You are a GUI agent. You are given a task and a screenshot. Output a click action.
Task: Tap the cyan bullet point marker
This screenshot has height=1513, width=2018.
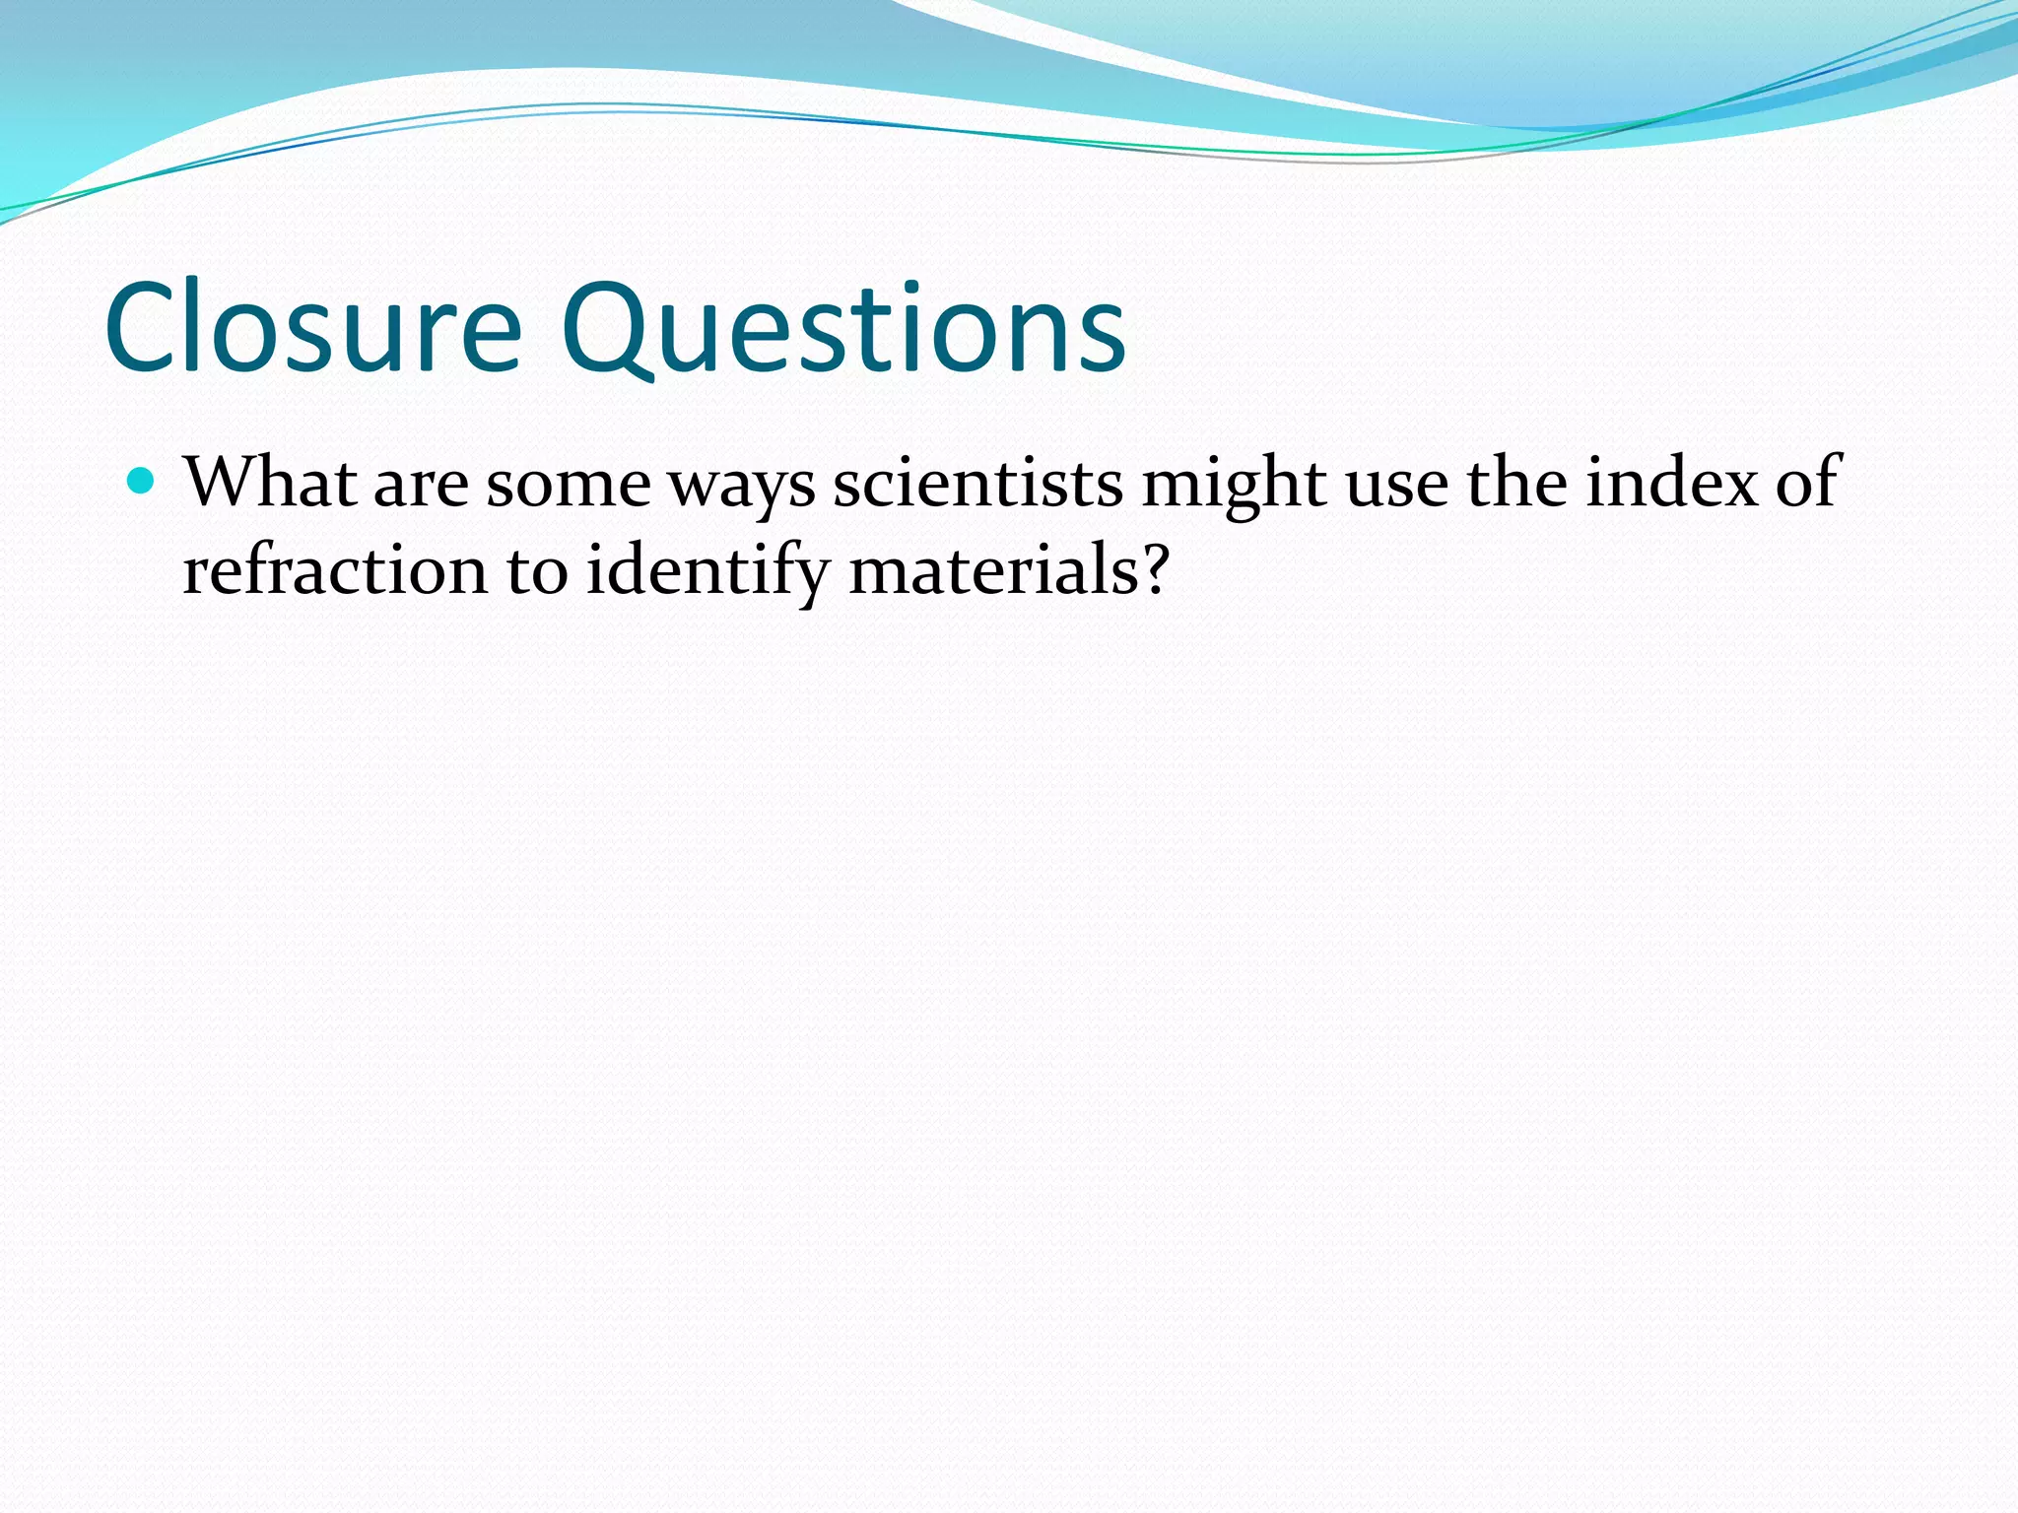click(x=143, y=482)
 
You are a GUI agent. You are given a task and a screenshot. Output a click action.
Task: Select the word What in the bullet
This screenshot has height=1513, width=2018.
click(x=270, y=483)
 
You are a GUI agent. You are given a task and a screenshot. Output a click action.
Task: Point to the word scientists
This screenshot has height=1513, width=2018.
click(x=977, y=483)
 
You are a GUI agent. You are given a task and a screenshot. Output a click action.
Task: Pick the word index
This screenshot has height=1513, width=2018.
click(x=1671, y=483)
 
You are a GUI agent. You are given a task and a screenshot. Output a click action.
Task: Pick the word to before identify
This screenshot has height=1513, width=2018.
click(x=537, y=572)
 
